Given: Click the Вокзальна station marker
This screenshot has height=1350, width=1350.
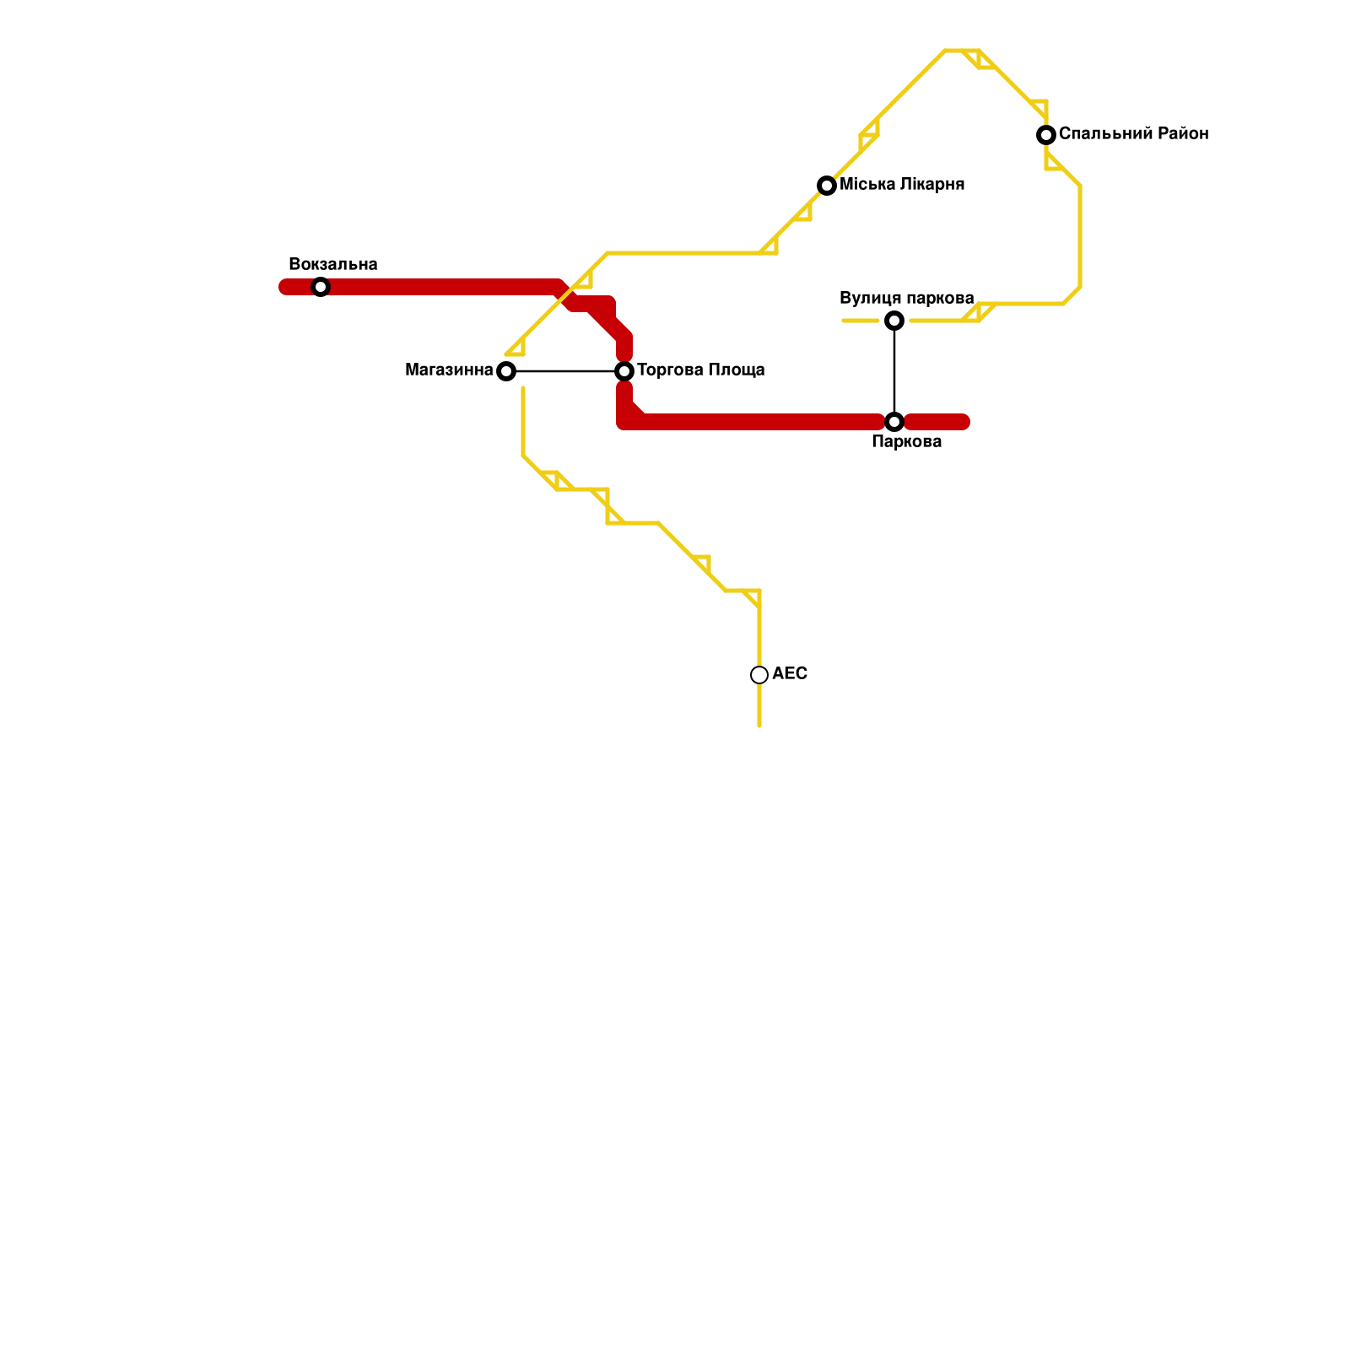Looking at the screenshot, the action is point(321,287).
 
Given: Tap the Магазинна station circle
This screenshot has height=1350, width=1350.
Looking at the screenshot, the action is point(506,371).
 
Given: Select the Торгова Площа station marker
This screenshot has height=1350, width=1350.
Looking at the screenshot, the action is point(624,371).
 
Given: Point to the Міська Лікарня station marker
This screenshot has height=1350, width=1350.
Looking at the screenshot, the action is point(827,186).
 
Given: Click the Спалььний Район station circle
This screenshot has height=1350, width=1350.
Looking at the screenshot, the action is point(1046,135).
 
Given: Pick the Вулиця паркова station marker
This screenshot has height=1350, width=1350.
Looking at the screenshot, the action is point(894,321).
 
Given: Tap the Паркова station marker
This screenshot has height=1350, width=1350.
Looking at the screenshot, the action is point(894,422).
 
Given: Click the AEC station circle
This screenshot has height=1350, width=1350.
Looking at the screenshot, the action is point(759,675).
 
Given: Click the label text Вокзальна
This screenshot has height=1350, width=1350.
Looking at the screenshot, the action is point(332,265).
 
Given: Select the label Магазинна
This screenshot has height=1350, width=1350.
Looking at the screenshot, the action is point(449,370).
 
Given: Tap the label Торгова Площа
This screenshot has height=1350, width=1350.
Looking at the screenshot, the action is point(700,370).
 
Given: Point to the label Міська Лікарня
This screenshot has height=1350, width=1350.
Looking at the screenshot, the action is point(902,185).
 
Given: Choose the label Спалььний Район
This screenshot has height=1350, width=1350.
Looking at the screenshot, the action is point(1133,134).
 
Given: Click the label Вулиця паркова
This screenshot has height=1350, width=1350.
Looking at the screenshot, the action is point(906,299).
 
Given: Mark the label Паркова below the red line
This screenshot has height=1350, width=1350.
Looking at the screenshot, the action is point(906,442).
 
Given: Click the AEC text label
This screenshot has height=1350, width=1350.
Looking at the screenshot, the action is point(790,674).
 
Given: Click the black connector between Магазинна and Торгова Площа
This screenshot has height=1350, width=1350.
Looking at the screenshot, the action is point(565,371).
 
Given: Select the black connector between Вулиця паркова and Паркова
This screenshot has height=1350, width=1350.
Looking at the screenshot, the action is point(894,371).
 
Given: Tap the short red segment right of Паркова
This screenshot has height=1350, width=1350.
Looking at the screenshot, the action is point(938,422).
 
